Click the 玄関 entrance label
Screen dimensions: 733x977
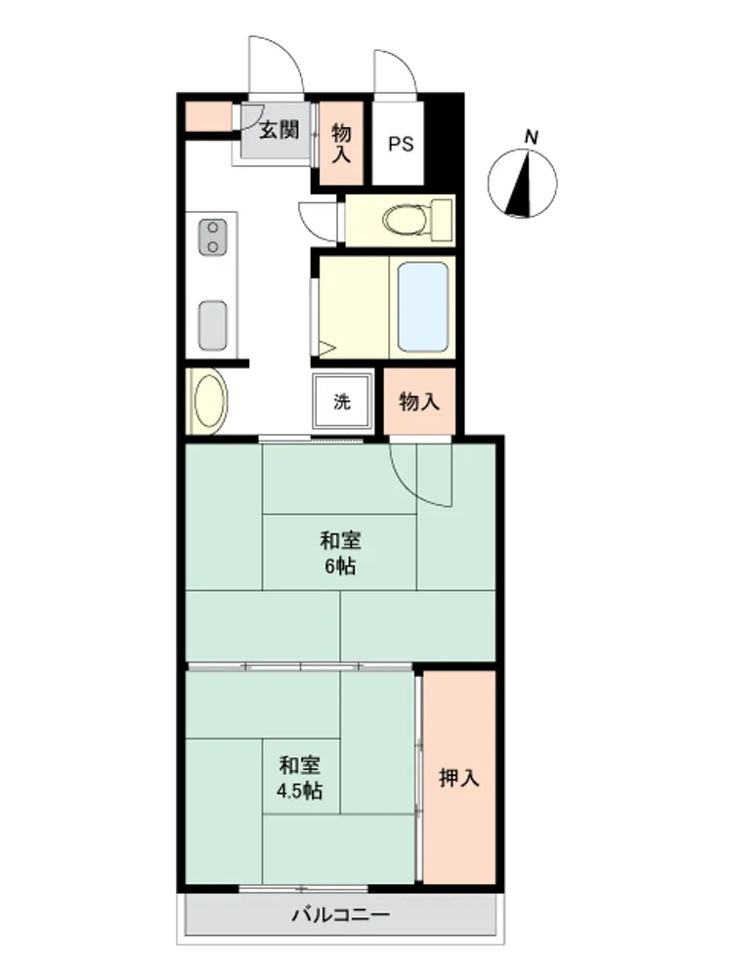pyautogui.click(x=280, y=130)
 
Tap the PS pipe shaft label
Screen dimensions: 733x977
pyautogui.click(x=401, y=144)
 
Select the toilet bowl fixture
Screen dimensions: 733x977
pyautogui.click(x=406, y=220)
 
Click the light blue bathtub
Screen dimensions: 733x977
pyautogui.click(x=422, y=307)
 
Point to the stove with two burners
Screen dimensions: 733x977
pyautogui.click(x=212, y=236)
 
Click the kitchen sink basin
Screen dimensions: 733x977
pyautogui.click(x=212, y=326)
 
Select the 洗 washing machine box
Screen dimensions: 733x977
pyautogui.click(x=341, y=402)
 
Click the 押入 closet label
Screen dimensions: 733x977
pyautogui.click(x=458, y=778)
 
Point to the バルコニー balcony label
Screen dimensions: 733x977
pyautogui.click(x=341, y=914)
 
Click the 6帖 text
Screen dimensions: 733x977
pyautogui.click(x=340, y=567)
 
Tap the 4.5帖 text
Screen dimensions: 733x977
pyautogui.click(x=300, y=790)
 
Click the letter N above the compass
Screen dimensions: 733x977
pyautogui.click(x=531, y=137)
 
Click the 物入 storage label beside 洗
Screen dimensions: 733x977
pyautogui.click(x=419, y=402)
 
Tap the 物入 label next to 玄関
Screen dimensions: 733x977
pyautogui.click(x=341, y=143)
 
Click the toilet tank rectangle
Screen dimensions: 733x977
pyautogui.click(x=442, y=218)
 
